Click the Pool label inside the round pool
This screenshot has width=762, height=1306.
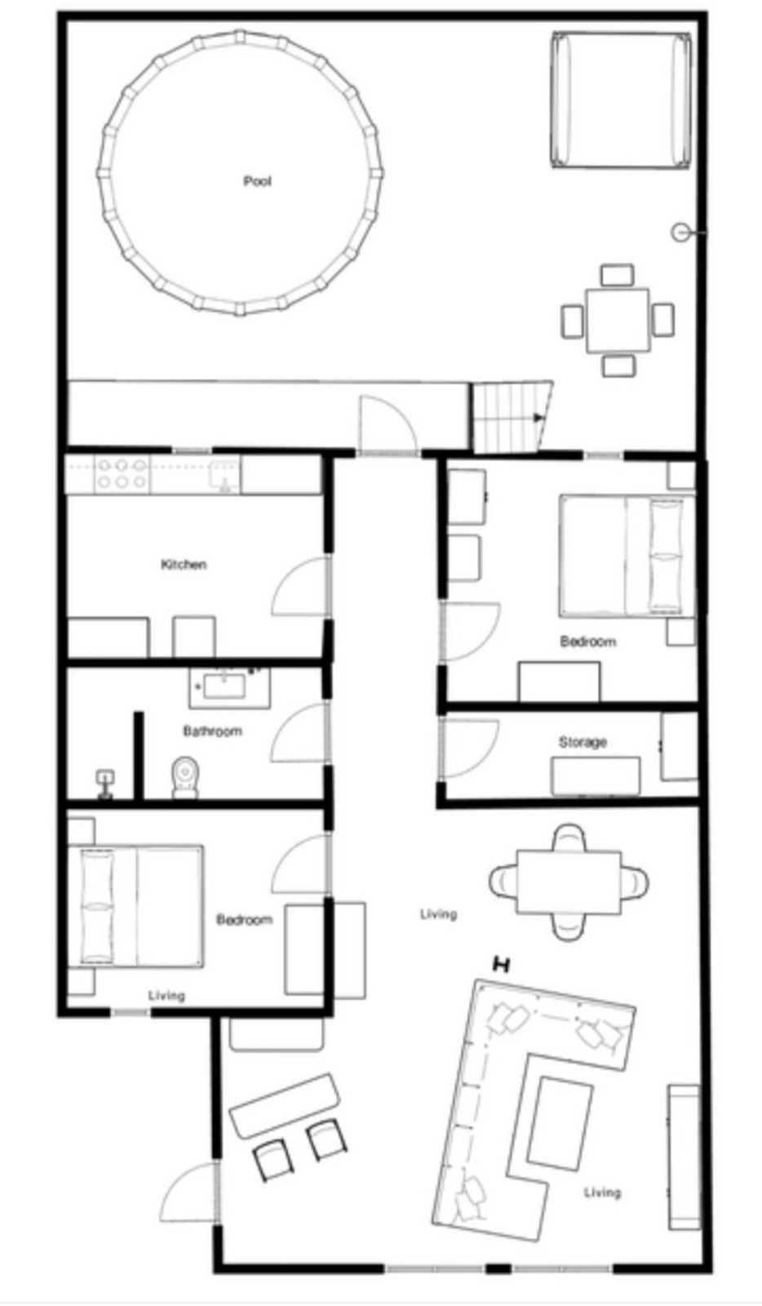click(257, 181)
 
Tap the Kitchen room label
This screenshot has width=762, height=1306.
click(184, 564)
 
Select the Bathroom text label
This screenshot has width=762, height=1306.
click(213, 731)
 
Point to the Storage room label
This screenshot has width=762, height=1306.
click(583, 742)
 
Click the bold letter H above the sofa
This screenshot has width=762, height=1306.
click(501, 965)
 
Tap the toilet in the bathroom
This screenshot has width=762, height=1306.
click(185, 778)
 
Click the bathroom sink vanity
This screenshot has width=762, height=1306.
click(229, 688)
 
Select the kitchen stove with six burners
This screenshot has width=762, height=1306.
click(122, 473)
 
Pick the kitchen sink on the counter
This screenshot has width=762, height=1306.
click(224, 475)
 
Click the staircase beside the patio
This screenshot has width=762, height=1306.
click(512, 416)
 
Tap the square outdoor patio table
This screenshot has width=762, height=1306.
click(618, 320)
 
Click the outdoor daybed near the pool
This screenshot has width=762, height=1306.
click(622, 101)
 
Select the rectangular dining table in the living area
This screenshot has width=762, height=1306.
click(569, 882)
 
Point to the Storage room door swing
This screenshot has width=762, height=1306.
click(470, 749)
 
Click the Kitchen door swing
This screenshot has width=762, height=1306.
click(301, 586)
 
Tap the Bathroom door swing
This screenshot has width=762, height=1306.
click(301, 732)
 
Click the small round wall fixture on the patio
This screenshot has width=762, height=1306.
click(680, 233)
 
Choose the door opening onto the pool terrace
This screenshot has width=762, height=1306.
click(388, 424)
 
